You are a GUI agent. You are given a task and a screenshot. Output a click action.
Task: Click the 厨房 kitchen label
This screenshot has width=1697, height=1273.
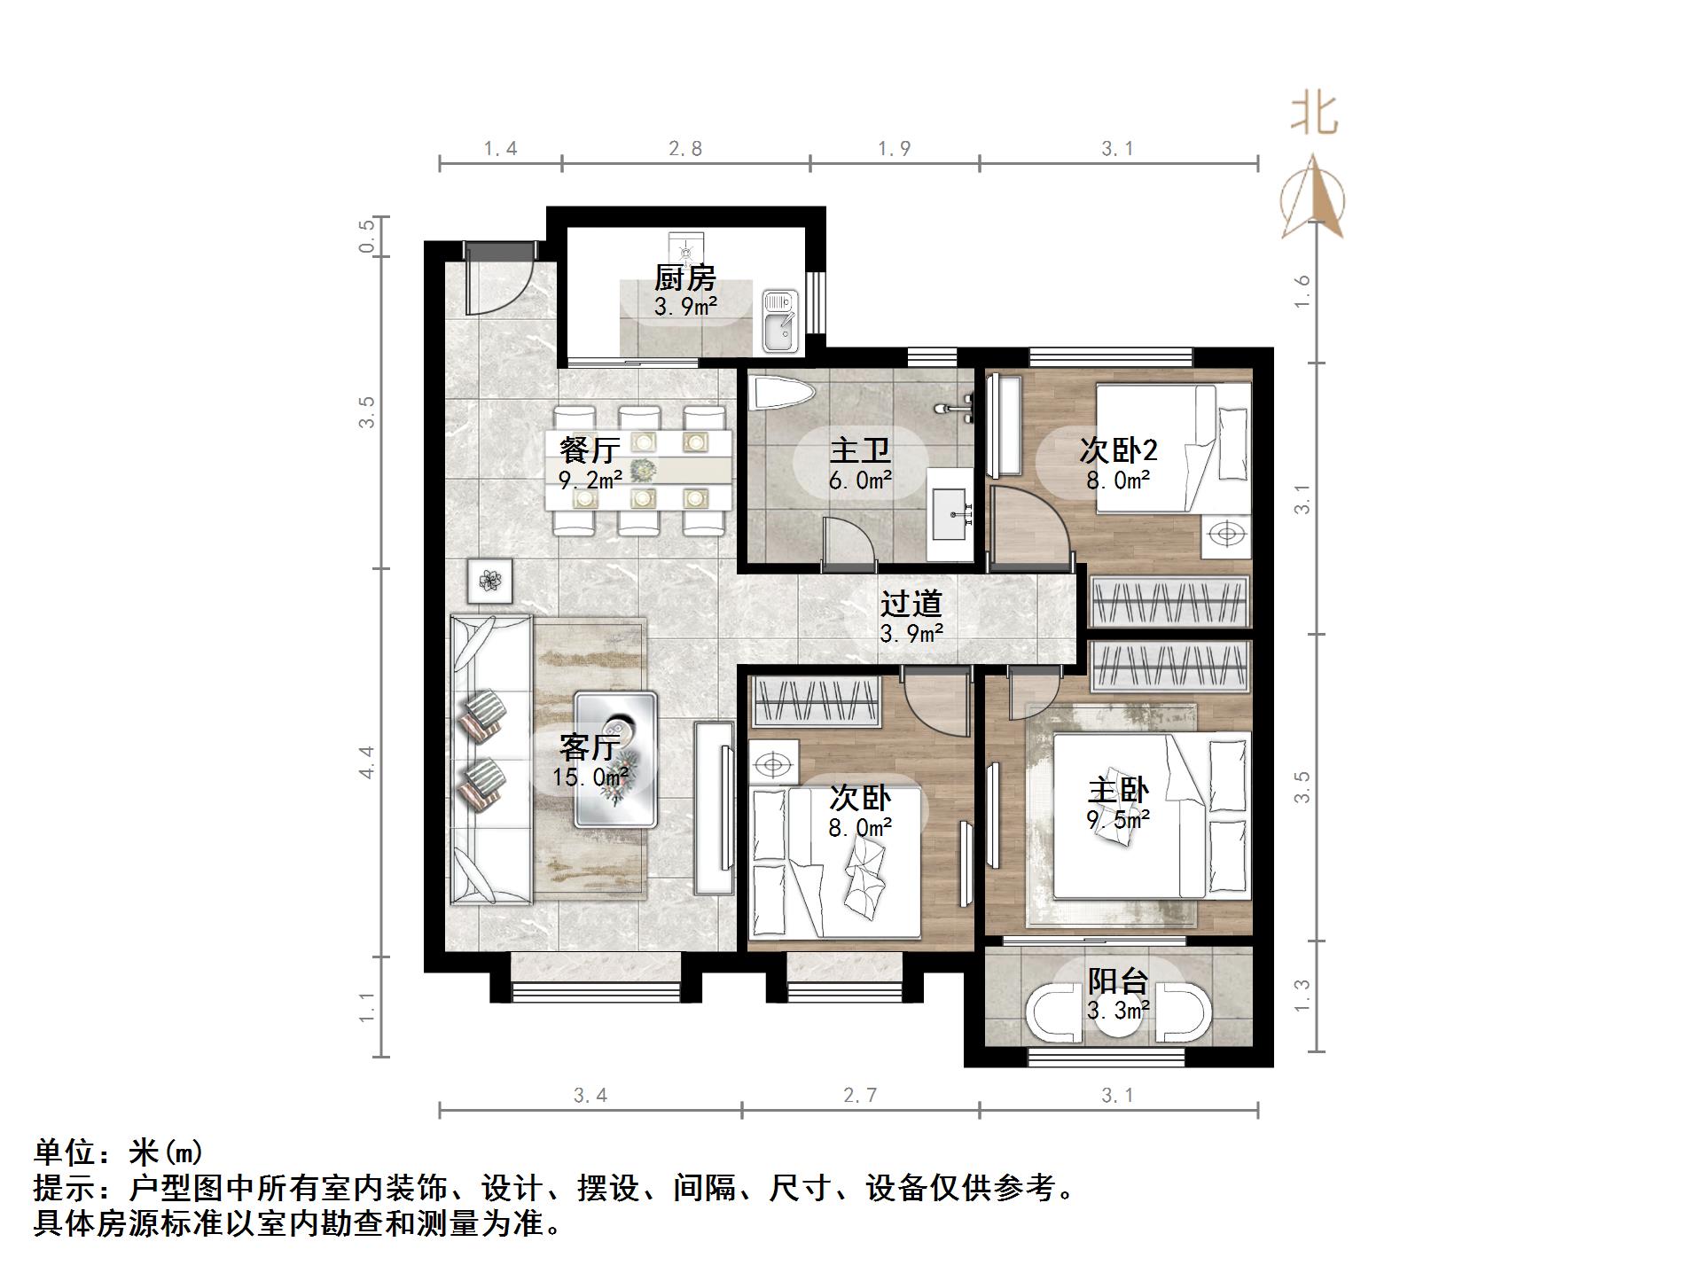tap(684, 278)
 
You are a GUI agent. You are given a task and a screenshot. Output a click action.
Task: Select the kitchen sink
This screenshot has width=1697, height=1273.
tap(780, 321)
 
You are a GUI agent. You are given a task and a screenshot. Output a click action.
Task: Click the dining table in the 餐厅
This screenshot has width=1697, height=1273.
tap(639, 469)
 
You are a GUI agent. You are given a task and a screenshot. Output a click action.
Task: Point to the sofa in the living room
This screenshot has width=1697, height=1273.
tap(490, 761)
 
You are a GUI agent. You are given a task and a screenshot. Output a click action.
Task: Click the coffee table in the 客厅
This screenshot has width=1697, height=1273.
tap(615, 760)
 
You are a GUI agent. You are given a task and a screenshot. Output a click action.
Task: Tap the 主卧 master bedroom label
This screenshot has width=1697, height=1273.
tap(1118, 790)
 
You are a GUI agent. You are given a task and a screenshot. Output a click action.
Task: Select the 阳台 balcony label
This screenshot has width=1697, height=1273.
tap(1118, 981)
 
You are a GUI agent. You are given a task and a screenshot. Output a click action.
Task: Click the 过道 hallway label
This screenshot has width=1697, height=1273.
tap(911, 605)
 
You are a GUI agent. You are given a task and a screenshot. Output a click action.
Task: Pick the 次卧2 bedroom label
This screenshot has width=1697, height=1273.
tap(1118, 450)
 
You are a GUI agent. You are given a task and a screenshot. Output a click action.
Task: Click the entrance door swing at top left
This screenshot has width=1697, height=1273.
tap(497, 282)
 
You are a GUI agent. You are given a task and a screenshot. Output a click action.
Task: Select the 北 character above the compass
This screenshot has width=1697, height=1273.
tap(1313, 114)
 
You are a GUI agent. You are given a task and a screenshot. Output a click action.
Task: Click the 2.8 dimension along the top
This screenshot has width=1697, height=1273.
tap(685, 149)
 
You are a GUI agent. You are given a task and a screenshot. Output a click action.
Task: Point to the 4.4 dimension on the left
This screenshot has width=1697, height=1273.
tap(366, 762)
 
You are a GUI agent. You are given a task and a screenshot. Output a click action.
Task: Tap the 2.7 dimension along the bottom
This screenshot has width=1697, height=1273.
tap(860, 1096)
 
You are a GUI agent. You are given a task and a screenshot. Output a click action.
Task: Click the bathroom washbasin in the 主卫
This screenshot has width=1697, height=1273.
tap(951, 512)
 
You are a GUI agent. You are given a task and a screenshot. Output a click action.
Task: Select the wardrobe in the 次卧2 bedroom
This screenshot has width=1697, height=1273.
tap(1169, 602)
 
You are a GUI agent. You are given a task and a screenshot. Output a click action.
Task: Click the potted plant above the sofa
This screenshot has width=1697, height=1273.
tap(490, 582)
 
